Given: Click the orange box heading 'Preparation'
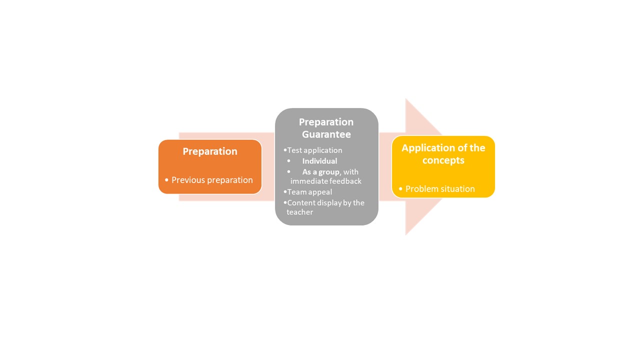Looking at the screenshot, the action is coord(210,151).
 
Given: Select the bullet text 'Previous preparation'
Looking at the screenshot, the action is coord(212,180).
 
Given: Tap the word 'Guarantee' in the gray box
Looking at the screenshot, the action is coord(326,134).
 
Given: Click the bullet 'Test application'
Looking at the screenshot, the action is coord(314,150).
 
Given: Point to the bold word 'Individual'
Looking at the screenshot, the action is coord(319,161).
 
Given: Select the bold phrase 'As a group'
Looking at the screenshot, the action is coord(321,172).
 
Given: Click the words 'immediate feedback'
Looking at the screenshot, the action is coord(325,181).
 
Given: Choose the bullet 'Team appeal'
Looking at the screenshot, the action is coord(309,192).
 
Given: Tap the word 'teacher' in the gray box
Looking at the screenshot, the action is coord(299,212).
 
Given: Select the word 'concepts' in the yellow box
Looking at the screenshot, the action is coord(443,160).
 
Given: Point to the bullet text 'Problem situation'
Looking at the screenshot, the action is coord(440,189).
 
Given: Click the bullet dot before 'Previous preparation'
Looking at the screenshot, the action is coord(166,180).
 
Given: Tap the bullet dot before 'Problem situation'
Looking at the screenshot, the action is coord(400,189).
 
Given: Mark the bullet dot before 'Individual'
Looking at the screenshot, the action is coord(289,161).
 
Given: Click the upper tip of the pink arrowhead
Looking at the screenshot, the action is coord(405,99).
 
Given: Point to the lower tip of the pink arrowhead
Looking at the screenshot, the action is coord(405,235).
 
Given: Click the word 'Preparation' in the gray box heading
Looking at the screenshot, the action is coord(326,122).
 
